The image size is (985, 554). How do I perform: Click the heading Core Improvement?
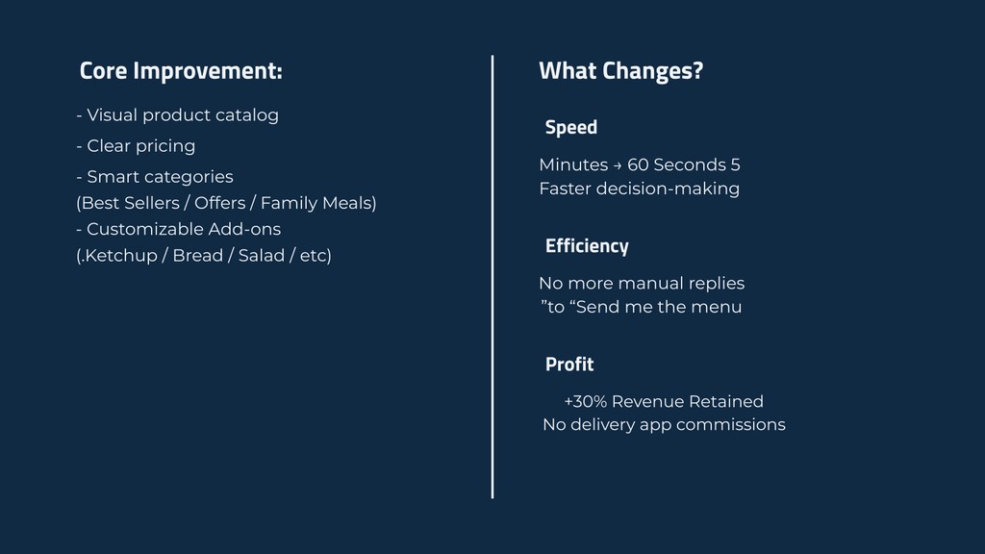pyautogui.click(x=181, y=71)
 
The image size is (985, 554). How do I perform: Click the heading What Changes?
pyautogui.click(x=620, y=71)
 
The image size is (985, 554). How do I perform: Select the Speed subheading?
pyautogui.click(x=571, y=128)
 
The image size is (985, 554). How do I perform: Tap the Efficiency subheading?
pyautogui.click(x=587, y=245)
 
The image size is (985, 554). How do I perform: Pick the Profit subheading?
pyautogui.click(x=569, y=365)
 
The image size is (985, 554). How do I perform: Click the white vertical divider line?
pyautogui.click(x=492, y=277)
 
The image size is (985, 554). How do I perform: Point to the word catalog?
pyautogui.click(x=247, y=115)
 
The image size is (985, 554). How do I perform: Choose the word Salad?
pyautogui.click(x=262, y=256)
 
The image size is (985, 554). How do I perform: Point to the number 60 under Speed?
pyautogui.click(x=638, y=165)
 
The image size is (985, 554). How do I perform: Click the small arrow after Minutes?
pyautogui.click(x=618, y=165)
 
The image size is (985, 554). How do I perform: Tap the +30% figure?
pyautogui.click(x=586, y=401)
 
